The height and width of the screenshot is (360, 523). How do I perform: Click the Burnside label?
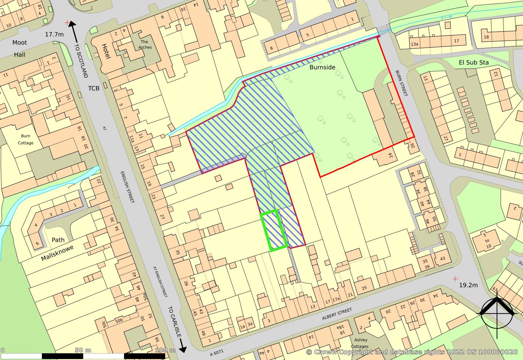(322, 67)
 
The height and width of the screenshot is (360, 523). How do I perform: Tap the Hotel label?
(106, 51)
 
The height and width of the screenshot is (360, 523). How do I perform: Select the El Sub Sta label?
(473, 62)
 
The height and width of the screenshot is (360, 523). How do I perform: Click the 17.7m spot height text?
(54, 34)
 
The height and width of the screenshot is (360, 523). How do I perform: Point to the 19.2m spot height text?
(468, 285)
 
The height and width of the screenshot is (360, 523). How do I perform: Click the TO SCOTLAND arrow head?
(72, 25)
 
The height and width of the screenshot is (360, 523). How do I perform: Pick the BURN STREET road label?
(401, 83)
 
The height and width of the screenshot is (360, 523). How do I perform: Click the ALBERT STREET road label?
(337, 314)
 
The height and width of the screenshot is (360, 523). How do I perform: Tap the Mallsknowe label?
(57, 253)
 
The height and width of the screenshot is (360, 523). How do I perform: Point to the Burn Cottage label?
(26, 139)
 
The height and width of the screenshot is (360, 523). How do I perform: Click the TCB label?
(94, 89)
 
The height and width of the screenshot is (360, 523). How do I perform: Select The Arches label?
(145, 45)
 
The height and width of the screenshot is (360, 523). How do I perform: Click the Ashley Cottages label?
(360, 343)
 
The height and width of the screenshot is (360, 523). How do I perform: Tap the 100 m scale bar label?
(165, 350)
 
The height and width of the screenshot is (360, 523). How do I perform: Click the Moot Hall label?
(19, 48)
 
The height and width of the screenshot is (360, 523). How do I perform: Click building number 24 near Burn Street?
(391, 155)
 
